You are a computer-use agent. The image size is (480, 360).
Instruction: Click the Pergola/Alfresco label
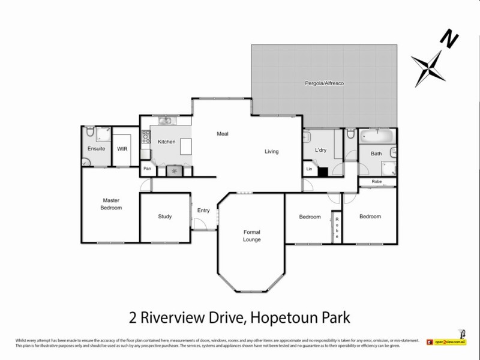pos(323,83)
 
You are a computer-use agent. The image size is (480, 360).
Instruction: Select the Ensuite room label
pos(96,148)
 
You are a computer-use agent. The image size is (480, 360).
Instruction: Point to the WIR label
pos(123,148)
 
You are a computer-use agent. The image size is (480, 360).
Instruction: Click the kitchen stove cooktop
pos(145,139)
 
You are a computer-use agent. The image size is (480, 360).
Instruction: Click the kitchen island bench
pos(185,146)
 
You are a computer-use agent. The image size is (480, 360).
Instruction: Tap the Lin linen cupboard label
pos(309,170)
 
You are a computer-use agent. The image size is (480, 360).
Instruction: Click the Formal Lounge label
pos(252,236)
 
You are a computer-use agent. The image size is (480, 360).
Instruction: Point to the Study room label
pos(165,217)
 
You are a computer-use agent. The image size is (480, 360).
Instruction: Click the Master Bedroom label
pos(112,204)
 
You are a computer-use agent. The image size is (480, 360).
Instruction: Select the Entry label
pos(203,210)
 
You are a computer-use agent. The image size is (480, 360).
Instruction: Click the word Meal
pos(223,134)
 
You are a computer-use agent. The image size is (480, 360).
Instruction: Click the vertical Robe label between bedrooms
pos(337,228)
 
